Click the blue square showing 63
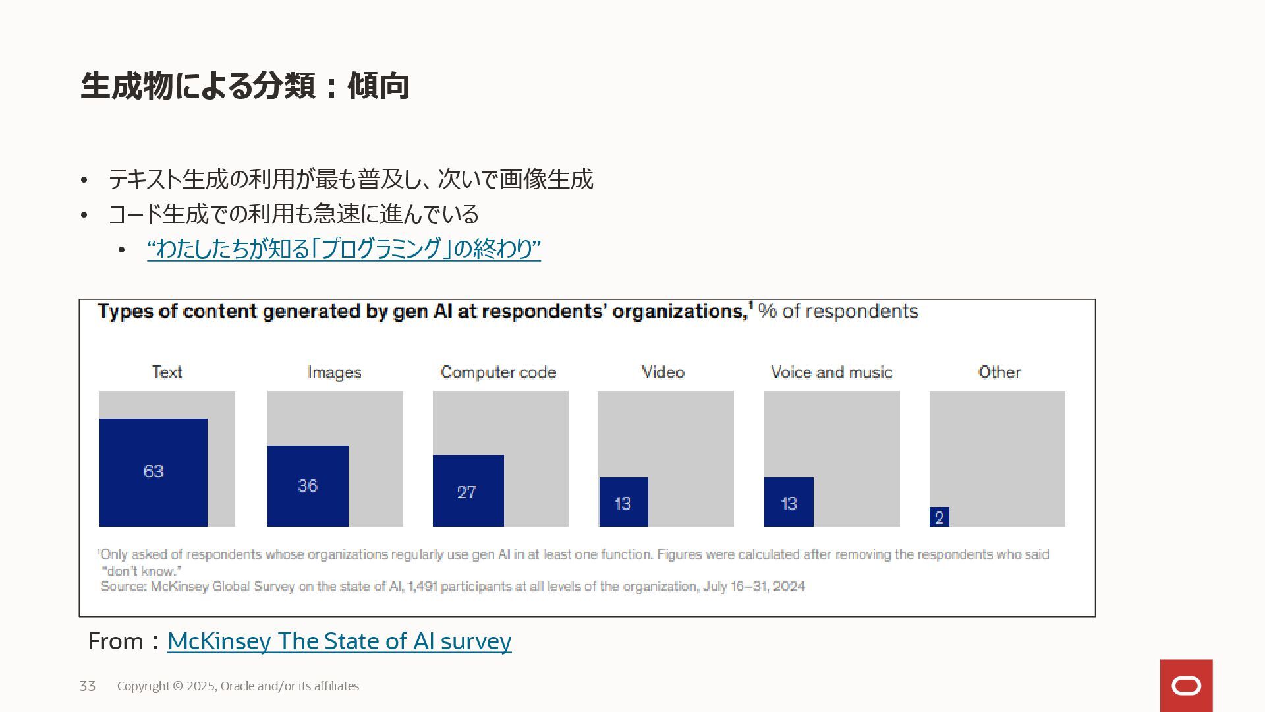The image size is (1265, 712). pos(153,472)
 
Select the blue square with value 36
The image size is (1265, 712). pos(308,486)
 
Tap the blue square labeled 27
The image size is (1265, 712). pos(468,490)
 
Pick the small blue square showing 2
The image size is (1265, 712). pos(939,517)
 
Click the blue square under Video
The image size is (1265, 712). pos(623,502)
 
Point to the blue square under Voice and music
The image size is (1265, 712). pos(789,502)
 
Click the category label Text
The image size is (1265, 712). pos(167,372)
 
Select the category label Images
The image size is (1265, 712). pos(335,373)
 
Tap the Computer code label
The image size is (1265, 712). pos(498,373)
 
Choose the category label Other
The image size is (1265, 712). pos(999,372)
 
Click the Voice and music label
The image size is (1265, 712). pos(831,372)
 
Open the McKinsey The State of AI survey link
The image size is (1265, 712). pos(339,641)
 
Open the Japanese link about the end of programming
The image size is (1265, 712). pos(343,249)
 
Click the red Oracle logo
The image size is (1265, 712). pos(1186,686)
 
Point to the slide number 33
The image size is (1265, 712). pos(88,686)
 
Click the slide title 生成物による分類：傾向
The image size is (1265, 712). pos(245,86)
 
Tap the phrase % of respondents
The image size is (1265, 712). pos(838,311)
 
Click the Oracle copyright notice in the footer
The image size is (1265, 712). pos(238,686)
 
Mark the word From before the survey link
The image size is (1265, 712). pos(115,641)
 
